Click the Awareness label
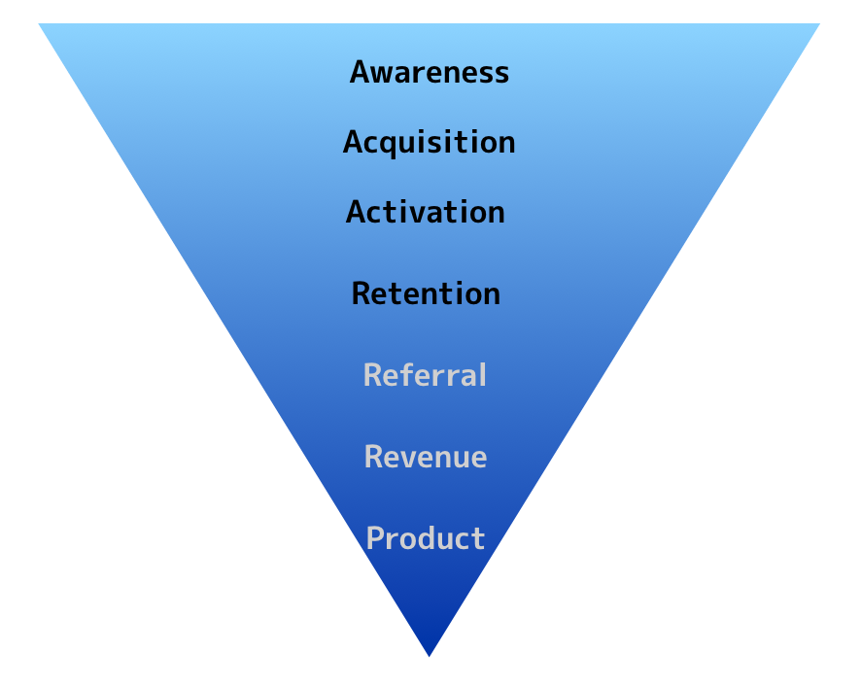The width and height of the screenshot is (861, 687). [x=430, y=72]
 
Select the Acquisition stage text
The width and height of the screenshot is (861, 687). [x=430, y=143]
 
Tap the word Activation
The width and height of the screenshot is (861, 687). [x=426, y=212]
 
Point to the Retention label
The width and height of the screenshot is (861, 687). [x=426, y=293]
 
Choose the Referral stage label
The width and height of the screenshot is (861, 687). [x=425, y=375]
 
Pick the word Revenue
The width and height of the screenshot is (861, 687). [x=426, y=457]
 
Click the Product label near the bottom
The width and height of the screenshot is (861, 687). [x=426, y=538]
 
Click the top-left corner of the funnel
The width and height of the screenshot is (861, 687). [x=40, y=25]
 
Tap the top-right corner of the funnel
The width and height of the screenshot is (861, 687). [x=819, y=25]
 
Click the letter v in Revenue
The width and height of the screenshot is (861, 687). [x=409, y=459]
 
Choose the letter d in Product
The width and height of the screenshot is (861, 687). [x=426, y=538]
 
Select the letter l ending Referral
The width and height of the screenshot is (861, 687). [x=479, y=375]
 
